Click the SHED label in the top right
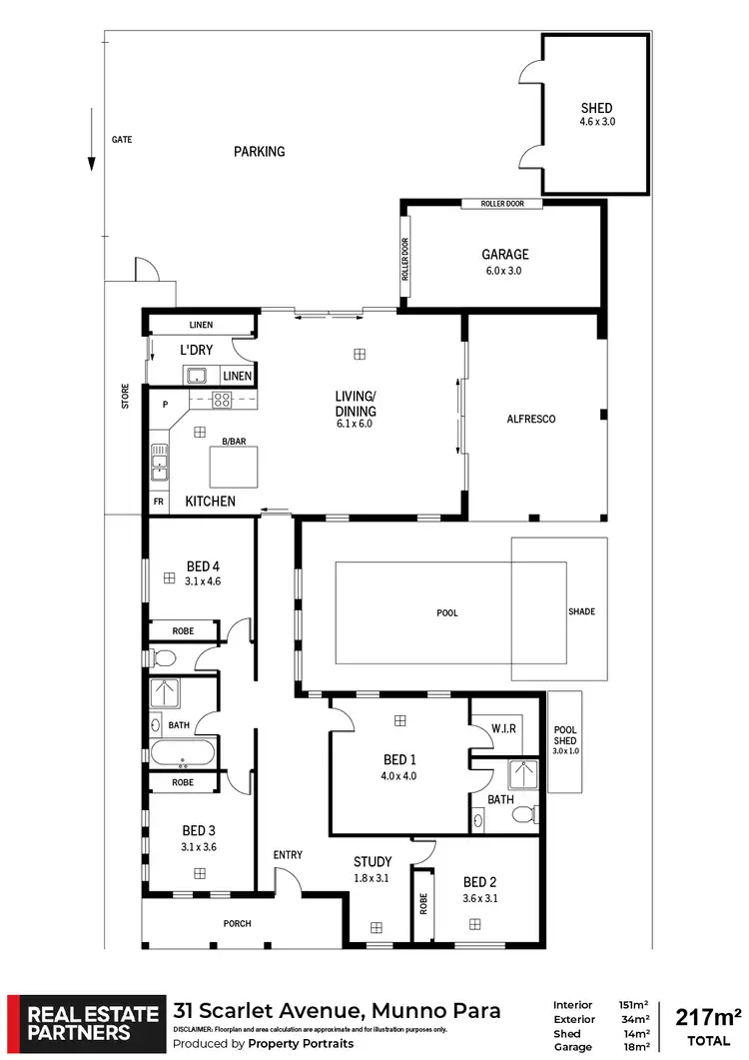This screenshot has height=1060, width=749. tap(596, 108)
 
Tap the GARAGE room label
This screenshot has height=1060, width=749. tap(503, 255)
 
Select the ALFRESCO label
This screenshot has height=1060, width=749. tap(531, 419)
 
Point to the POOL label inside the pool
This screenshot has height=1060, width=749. tap(447, 612)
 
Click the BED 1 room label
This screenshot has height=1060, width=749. tap(399, 757)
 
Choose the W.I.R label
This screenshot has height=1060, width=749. tap(503, 728)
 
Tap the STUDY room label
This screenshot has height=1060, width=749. tap(373, 861)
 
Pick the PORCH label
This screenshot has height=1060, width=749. tap(238, 923)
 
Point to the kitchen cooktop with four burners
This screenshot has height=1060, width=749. tap(221, 400)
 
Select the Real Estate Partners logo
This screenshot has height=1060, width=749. tap(83, 1023)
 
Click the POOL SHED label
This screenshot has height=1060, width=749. tap(565, 735)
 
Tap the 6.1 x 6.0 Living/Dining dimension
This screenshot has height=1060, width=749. tap(355, 423)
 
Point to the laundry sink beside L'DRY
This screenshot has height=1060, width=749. tap(196, 376)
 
